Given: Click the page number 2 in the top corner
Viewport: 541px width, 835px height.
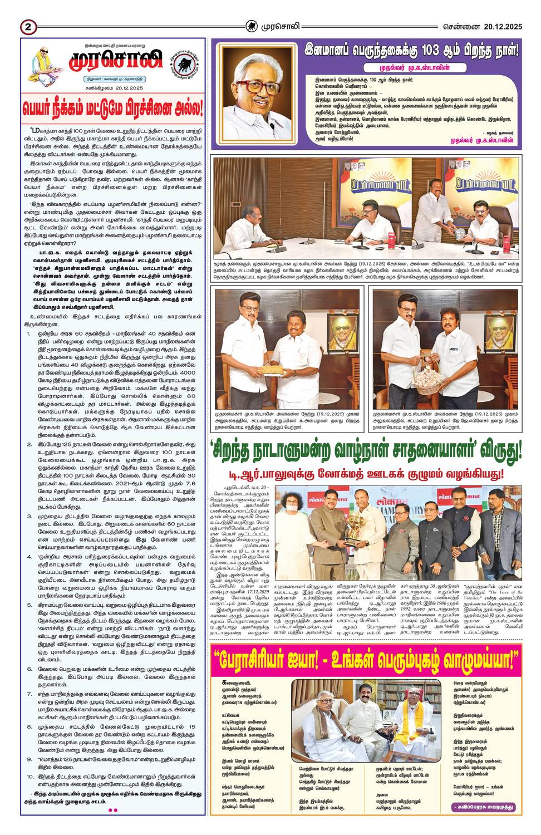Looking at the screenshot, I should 28,26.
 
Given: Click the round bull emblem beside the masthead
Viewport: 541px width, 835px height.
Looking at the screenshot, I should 184,63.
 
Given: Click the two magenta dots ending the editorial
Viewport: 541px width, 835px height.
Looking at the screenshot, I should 112,810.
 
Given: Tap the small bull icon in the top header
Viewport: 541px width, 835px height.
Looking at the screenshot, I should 252,26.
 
